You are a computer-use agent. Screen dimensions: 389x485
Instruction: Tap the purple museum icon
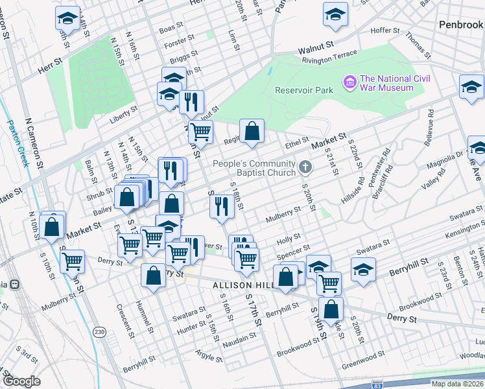pyautogui.click(x=350, y=82)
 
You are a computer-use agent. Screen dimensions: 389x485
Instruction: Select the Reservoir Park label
pyautogui.click(x=303, y=90)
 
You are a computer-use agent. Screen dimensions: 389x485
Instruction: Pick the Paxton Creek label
pyautogui.click(x=19, y=143)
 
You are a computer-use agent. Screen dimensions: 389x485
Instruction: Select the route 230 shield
pyautogui.click(x=99, y=332)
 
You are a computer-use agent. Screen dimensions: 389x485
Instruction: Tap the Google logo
pyautogui.click(x=22, y=381)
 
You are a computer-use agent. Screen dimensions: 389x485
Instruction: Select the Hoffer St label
pyautogui.click(x=388, y=30)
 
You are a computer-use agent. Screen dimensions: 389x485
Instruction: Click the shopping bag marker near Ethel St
pyautogui.click(x=252, y=131)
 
